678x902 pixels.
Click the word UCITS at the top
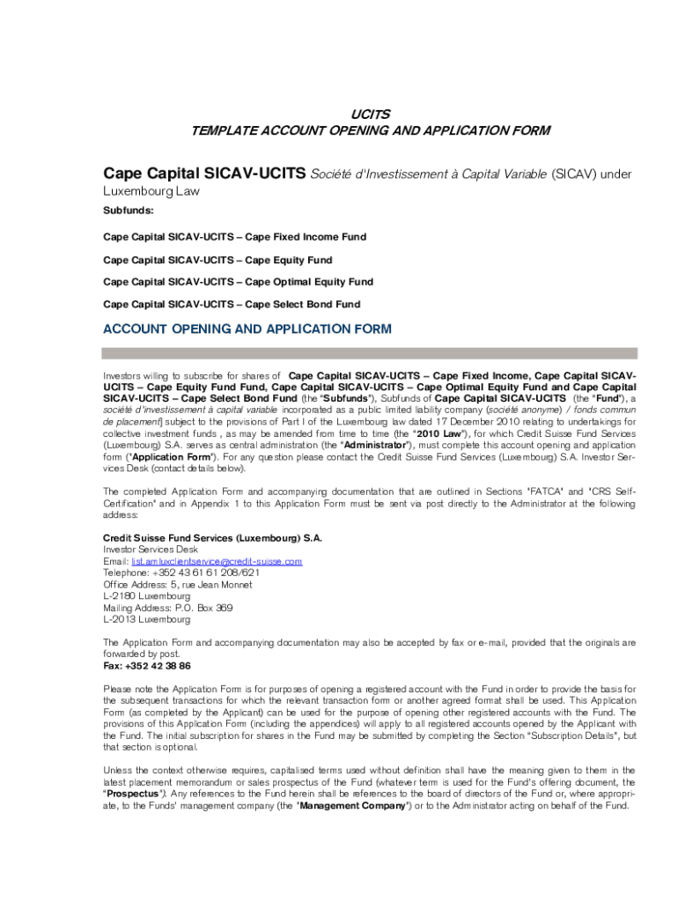(371, 115)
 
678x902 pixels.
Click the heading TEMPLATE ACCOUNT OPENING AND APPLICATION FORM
(371, 130)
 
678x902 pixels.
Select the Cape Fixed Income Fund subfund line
(234, 237)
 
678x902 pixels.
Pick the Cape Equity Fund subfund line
(217, 260)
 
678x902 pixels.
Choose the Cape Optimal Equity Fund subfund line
(238, 282)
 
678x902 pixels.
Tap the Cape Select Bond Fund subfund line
(232, 304)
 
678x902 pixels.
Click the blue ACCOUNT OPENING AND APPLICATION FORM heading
(247, 329)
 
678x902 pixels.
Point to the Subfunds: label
(129, 211)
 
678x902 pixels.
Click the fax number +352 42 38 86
(147, 666)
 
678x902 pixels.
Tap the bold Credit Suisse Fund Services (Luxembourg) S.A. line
(213, 537)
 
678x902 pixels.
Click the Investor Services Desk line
(151, 549)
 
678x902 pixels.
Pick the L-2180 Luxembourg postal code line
(146, 596)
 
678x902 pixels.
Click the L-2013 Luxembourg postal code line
(146, 619)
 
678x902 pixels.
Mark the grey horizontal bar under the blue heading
(370, 352)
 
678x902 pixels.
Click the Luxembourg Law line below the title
(151, 190)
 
